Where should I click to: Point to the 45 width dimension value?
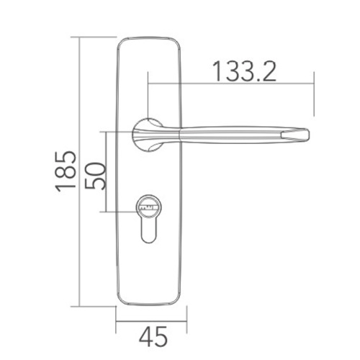coord(150,336)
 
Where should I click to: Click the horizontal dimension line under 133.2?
coord(230,86)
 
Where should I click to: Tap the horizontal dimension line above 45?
coord(151,320)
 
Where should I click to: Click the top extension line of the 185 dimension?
coord(97,34)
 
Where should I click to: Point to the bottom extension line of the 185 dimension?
coord(97,306)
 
